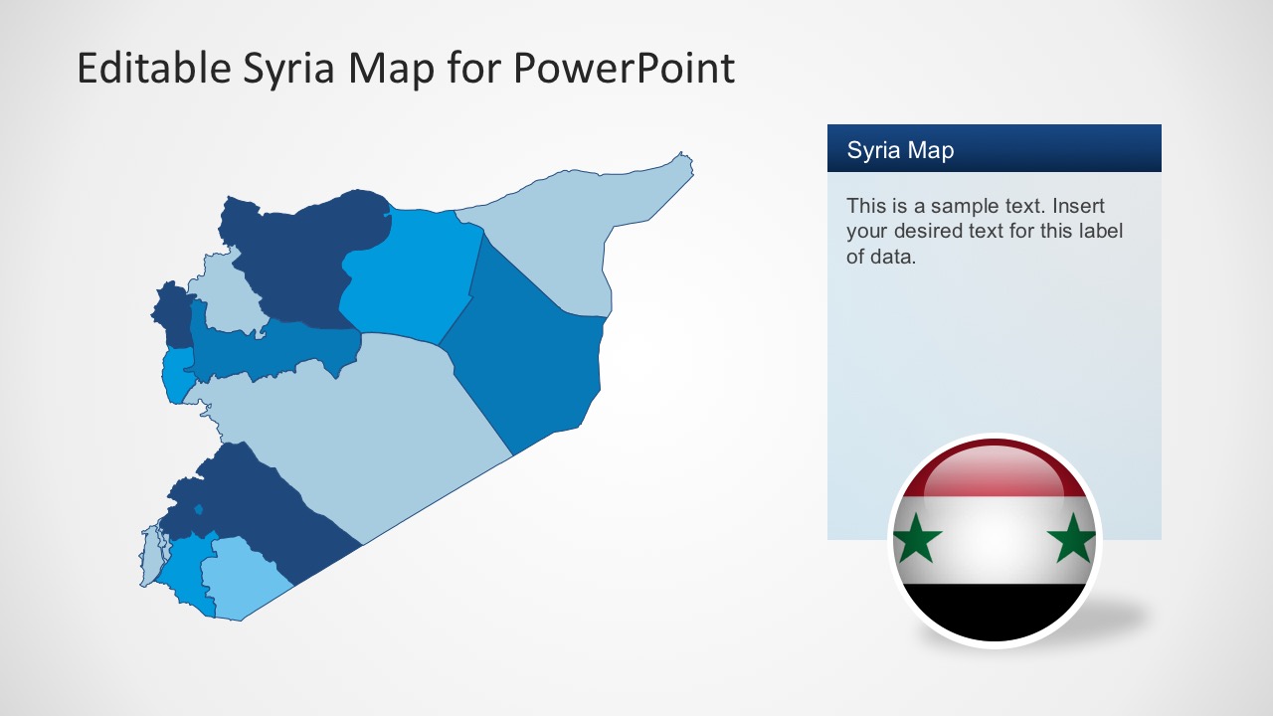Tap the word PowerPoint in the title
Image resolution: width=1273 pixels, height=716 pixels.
click(624, 69)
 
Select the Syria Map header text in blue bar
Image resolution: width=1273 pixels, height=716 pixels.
click(900, 150)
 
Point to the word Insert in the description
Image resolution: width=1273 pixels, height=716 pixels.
click(1078, 207)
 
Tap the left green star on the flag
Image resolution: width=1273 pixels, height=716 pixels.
click(917, 538)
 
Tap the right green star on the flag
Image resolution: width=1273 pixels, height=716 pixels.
click(1073, 538)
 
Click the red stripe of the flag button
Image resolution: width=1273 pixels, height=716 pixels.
click(995, 475)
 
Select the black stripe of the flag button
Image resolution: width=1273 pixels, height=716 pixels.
click(995, 609)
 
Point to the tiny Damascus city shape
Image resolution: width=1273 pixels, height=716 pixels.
click(199, 510)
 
